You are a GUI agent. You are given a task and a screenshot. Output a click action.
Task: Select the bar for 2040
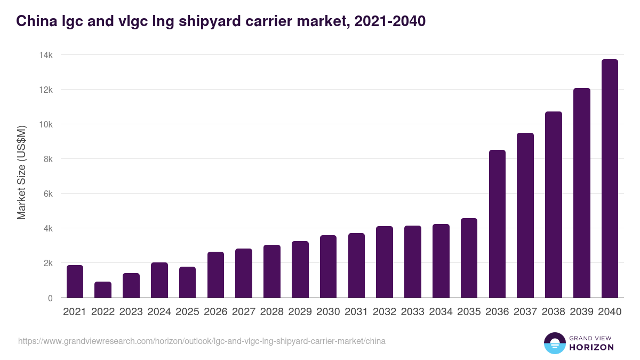pos(609,179)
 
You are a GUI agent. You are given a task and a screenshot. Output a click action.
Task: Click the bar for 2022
pos(103,290)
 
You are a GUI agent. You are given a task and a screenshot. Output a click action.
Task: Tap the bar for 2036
pos(497,224)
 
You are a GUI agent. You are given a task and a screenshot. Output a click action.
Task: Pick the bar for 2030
pos(328,267)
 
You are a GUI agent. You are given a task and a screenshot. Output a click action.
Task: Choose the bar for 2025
pos(187,282)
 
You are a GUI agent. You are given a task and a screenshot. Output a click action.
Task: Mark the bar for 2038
pos(553,205)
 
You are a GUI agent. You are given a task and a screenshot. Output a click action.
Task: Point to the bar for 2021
pos(75,282)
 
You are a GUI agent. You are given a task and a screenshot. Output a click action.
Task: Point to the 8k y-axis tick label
pos(47,159)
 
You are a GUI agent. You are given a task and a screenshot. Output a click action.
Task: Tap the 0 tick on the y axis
pos(50,298)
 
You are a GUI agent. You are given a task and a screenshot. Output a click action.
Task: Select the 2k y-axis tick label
pos(47,263)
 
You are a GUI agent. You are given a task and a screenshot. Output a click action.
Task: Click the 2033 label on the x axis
pos(412,312)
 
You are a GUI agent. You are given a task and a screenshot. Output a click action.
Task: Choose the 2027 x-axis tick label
pos(244,312)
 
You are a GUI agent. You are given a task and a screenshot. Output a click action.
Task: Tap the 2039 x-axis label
pos(581,312)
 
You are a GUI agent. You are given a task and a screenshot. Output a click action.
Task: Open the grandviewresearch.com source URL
pos(202,341)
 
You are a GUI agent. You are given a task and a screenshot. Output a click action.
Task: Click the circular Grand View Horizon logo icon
pos(554,343)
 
